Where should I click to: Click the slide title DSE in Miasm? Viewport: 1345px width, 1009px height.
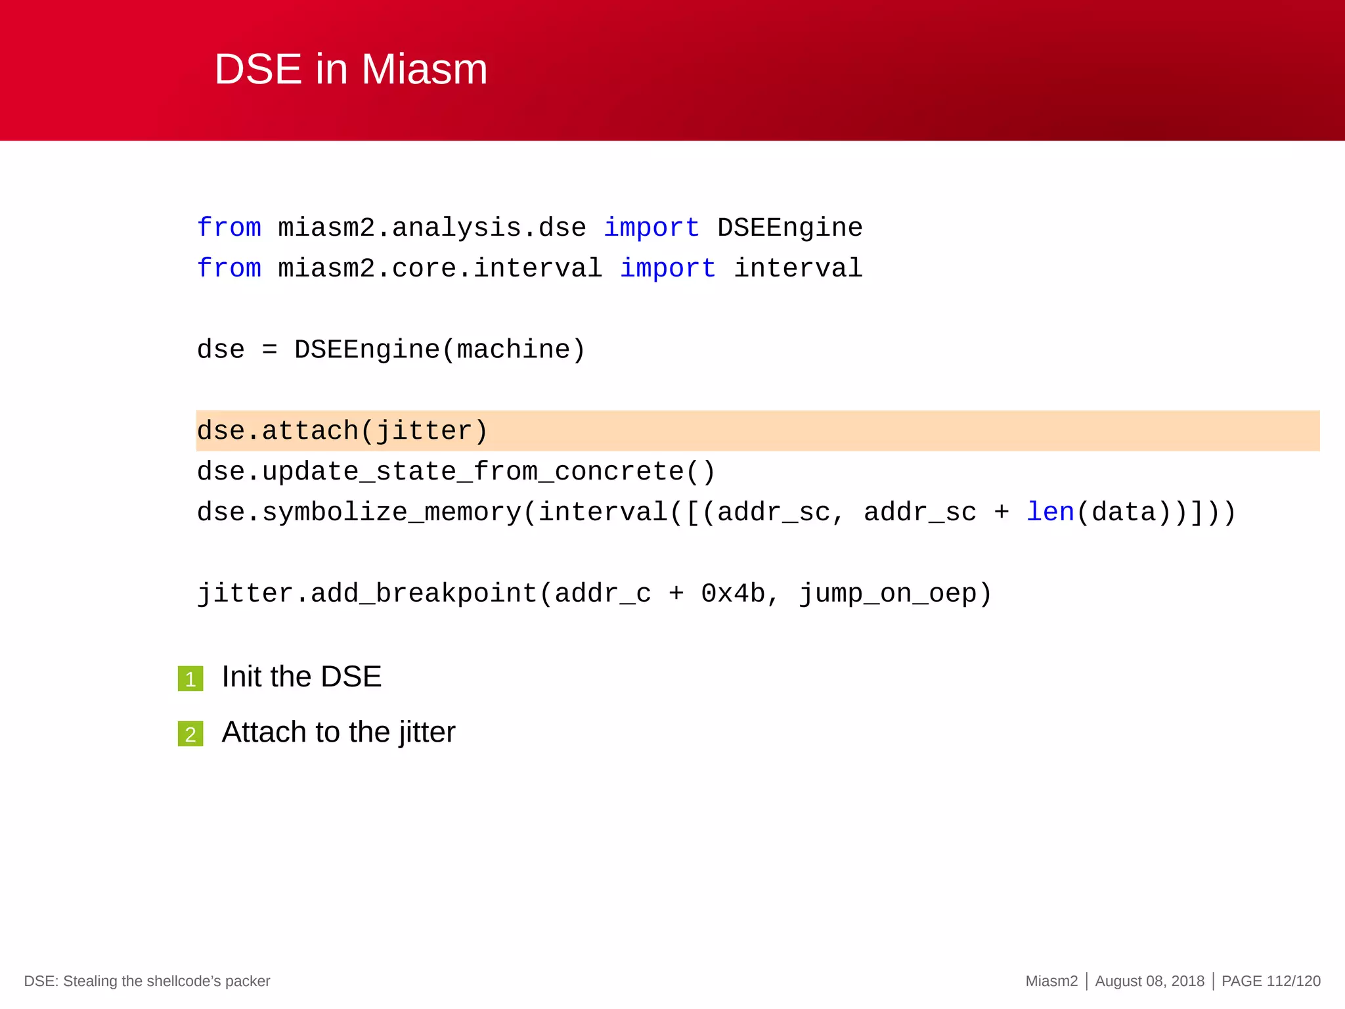pos(351,69)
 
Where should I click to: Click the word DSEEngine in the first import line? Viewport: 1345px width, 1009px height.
pos(789,228)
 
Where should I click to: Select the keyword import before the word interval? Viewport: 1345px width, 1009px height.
pos(667,269)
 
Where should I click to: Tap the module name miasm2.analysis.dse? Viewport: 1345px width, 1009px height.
pos(431,228)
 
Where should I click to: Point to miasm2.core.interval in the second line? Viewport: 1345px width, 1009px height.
pos(439,269)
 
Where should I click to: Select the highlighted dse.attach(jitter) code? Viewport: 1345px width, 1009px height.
pos(342,432)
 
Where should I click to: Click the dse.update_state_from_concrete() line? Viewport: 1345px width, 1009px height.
pos(456,472)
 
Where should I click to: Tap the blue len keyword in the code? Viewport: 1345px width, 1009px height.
pos(1049,512)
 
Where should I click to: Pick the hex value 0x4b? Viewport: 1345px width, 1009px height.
pos(732,594)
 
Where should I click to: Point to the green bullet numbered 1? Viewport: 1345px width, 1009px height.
pos(190,679)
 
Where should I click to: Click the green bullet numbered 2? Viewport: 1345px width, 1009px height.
pos(190,734)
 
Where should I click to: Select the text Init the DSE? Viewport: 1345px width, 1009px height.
pos(301,677)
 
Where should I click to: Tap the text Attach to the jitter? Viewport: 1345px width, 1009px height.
pos(338,732)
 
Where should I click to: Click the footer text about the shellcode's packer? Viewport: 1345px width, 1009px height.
pos(147,981)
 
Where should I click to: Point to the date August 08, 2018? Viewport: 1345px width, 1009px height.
pos(1149,981)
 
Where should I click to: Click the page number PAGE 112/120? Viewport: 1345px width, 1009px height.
pos(1271,981)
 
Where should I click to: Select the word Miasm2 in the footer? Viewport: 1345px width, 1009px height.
pos(1051,981)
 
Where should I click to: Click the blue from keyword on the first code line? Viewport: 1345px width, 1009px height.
pos(229,228)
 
